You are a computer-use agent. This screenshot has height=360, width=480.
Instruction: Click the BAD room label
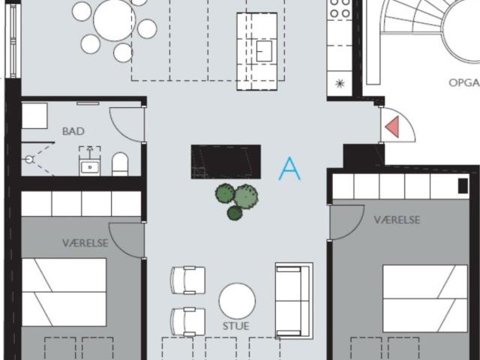click(73, 131)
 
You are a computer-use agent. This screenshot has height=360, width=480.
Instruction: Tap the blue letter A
click(289, 169)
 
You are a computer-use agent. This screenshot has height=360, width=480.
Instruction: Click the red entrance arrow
click(392, 128)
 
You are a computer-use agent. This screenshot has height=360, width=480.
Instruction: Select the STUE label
click(235, 326)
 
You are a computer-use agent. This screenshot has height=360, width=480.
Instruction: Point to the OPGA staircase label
click(463, 82)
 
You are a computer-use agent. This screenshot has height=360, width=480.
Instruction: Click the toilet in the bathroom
click(120, 163)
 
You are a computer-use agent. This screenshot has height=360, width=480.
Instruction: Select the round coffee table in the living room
click(237, 300)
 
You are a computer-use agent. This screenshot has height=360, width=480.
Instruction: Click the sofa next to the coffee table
click(293, 300)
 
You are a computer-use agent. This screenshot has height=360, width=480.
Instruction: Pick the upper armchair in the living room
click(187, 280)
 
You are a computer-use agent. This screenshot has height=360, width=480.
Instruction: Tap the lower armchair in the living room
click(187, 321)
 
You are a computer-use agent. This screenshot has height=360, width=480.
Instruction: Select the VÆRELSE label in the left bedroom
click(85, 243)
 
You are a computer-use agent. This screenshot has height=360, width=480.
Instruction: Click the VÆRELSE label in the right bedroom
click(397, 220)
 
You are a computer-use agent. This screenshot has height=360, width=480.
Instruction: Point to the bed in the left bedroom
click(64, 292)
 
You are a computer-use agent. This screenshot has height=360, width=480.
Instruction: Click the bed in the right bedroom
click(424, 298)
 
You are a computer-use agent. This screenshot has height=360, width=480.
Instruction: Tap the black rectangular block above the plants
click(226, 161)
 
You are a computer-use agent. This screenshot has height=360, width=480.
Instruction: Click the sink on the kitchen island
click(264, 50)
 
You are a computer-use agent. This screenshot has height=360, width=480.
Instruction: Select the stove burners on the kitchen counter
click(340, 9)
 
